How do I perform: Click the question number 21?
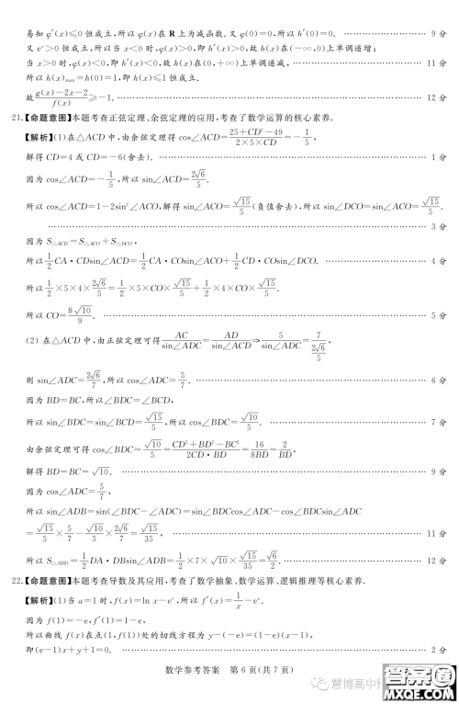point(15,117)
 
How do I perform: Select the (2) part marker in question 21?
point(31,341)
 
